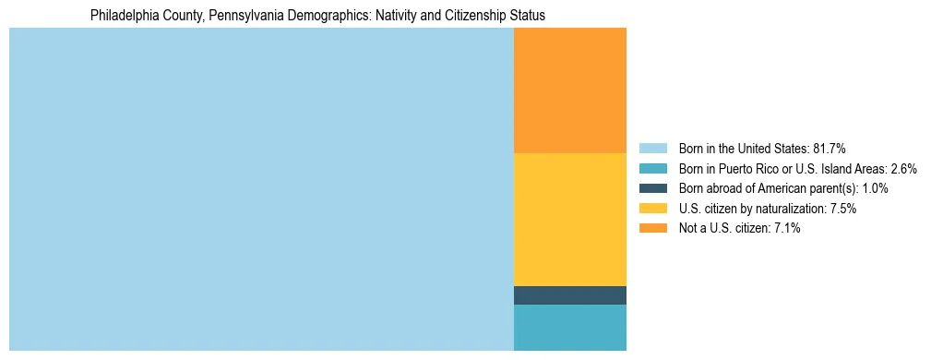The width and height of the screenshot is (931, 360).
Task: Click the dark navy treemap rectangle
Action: (x=569, y=295)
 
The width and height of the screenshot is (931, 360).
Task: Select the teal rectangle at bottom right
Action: (x=569, y=328)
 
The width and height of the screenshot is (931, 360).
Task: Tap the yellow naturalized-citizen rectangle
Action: (x=569, y=219)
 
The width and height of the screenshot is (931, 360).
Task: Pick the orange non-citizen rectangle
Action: (x=569, y=90)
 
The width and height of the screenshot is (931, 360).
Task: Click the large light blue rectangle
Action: (x=261, y=189)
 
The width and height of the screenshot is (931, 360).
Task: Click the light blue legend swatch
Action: (x=652, y=149)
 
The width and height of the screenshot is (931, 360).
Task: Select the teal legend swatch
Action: (x=652, y=169)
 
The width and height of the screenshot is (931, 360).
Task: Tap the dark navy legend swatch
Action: (x=652, y=188)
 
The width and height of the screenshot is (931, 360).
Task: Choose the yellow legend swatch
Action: (x=652, y=209)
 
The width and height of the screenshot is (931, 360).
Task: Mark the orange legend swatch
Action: (x=652, y=229)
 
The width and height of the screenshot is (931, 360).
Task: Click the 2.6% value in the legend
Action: (x=903, y=169)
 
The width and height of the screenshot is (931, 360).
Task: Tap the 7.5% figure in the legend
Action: (x=842, y=209)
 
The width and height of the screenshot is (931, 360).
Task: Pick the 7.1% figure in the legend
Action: (x=786, y=229)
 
